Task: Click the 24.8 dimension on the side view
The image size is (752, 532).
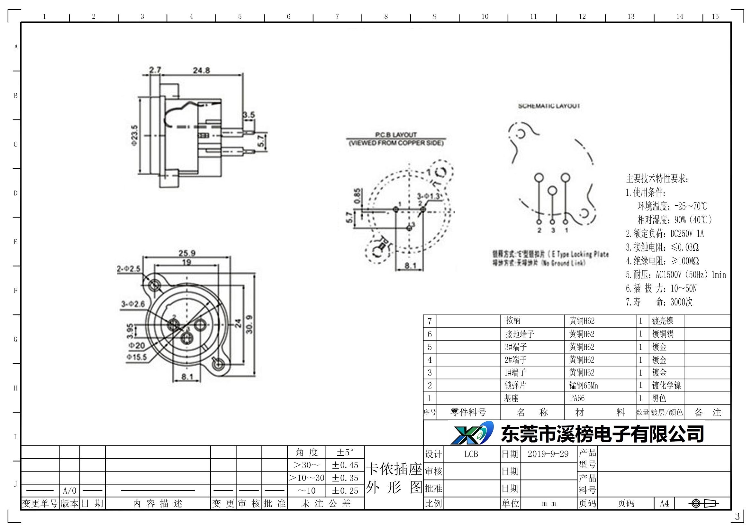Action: pos(201,70)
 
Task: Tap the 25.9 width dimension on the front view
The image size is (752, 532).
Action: pos(187,253)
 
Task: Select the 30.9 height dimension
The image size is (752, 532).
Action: pos(249,324)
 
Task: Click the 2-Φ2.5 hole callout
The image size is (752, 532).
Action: pos(129,269)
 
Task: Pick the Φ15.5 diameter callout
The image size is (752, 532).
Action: pos(137,357)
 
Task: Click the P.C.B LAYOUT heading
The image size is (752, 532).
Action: pos(396,135)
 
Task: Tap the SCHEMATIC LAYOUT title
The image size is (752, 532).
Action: pos(549,106)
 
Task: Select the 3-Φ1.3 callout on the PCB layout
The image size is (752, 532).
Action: pos(428,196)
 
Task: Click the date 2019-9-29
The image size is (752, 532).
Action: pos(548,454)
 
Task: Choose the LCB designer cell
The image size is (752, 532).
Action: pos(471,454)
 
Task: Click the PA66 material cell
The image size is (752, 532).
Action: pos(577,398)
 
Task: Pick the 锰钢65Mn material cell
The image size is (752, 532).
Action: pos(584,386)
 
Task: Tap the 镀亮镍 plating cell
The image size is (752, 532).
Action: pos(662,321)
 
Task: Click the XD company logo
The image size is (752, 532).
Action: pos(472,433)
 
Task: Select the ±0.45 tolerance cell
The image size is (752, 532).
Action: pos(345,465)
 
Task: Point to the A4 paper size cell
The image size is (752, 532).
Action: pos(664,503)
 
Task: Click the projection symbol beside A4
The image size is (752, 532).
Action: pos(703,503)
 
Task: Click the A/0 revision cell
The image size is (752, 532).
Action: pos(69,491)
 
